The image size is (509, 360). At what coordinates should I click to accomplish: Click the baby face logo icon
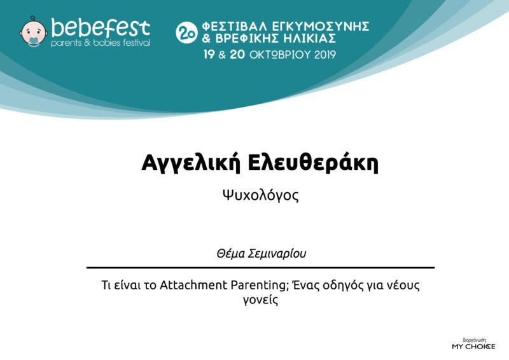coord(34,32)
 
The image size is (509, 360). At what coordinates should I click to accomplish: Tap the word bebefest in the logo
coord(101,27)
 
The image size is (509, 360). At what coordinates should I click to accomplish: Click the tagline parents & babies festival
coord(101,43)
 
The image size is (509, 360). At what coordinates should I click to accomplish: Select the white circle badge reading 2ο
coord(186,32)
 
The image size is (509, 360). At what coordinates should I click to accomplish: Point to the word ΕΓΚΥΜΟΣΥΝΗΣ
coord(321,26)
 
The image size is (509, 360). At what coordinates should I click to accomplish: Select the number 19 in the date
coord(209,54)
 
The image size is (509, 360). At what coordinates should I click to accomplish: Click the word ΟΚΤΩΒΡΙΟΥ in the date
coord(280,55)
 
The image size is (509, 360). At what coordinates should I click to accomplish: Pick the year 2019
coord(324,55)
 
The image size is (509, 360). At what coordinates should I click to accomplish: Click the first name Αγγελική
coord(191,162)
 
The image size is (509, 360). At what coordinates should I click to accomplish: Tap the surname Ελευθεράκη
coord(313,162)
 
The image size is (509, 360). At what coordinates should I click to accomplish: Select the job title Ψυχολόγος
coord(260,195)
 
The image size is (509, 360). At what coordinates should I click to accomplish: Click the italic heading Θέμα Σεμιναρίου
coord(261,254)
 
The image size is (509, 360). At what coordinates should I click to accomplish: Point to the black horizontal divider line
coord(260,268)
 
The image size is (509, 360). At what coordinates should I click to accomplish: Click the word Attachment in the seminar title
coord(193,285)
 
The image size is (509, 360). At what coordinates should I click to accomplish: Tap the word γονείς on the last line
coord(260,300)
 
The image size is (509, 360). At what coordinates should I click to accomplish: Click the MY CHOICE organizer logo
coord(473,345)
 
